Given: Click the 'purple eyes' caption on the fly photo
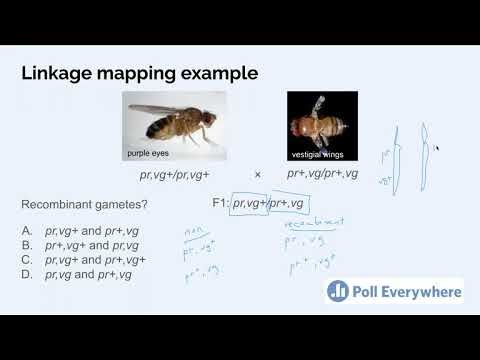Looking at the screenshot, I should (x=150, y=153).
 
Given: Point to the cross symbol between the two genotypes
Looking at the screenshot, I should (x=257, y=174).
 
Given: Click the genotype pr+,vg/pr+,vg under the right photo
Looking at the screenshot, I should (x=323, y=174).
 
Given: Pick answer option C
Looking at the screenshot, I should (x=85, y=259).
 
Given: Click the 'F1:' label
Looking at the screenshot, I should (x=220, y=204).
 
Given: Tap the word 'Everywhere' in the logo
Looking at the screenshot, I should (x=422, y=292).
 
